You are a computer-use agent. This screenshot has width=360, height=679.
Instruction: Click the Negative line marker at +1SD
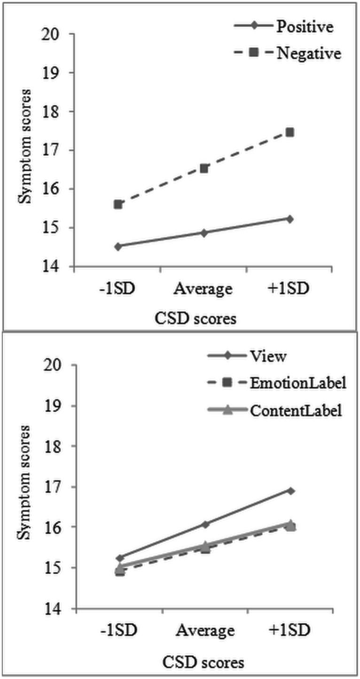point(290,133)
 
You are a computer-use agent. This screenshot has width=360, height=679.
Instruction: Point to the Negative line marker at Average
point(204,168)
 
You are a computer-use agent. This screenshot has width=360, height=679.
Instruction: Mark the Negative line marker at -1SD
point(118,205)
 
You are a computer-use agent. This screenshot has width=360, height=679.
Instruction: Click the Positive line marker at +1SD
point(290,219)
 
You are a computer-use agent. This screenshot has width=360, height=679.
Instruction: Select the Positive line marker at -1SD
point(118,246)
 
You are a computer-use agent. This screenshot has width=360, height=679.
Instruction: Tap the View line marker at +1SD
point(290,491)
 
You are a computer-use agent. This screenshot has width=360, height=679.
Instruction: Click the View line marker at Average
point(204,524)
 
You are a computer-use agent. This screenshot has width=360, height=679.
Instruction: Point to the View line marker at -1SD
point(118,558)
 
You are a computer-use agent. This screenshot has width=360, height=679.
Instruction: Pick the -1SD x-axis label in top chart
point(118,288)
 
